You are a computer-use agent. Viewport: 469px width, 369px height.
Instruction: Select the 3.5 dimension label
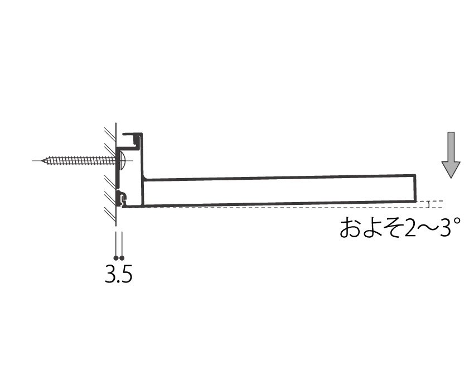coord(118,274)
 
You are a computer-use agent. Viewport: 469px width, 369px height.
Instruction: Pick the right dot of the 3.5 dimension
coord(121,258)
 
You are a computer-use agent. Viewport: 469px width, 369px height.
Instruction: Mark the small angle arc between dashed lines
coord(428,204)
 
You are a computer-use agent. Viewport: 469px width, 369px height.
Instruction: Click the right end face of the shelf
coord(416,188)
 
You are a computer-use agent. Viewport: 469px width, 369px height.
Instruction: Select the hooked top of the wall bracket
coord(133,138)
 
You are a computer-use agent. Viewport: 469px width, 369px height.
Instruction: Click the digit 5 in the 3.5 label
coord(126,274)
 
